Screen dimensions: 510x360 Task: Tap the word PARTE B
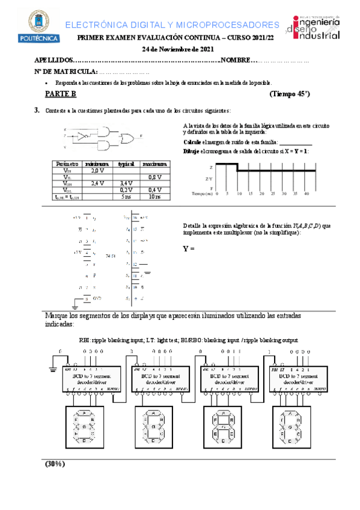pyautogui.click(x=61, y=94)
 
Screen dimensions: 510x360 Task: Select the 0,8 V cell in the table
pyautogui.click(x=154, y=177)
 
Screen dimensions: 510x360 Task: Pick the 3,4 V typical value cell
pyautogui.click(x=126, y=183)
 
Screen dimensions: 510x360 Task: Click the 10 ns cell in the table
pyautogui.click(x=154, y=197)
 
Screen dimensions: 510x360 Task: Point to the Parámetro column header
pyautogui.click(x=66, y=164)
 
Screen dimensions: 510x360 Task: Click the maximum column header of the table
pyautogui.click(x=154, y=164)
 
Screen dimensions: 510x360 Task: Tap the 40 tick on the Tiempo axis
pyautogui.click(x=307, y=194)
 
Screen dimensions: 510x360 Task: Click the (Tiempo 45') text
pyautogui.click(x=290, y=94)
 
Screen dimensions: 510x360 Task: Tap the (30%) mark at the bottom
pyautogui.click(x=55, y=464)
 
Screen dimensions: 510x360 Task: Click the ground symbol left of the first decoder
pyautogui.click(x=53, y=370)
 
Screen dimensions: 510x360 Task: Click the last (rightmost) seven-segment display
pyautogui.click(x=294, y=427)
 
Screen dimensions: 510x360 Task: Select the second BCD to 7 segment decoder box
pyautogui.click(x=157, y=378)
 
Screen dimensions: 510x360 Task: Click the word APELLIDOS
pyautogui.click(x=52, y=61)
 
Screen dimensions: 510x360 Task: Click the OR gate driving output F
pyautogui.click(x=127, y=139)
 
